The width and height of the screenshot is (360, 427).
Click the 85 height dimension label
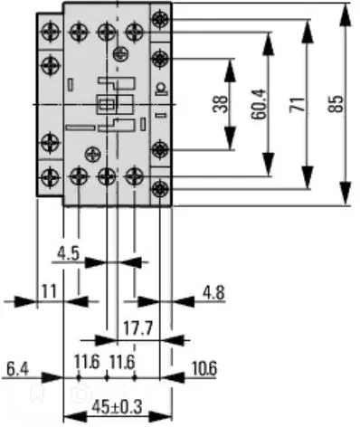click(x=336, y=104)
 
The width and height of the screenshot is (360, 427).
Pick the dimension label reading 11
click(x=49, y=290)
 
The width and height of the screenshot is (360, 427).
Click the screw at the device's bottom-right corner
click(x=160, y=190)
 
